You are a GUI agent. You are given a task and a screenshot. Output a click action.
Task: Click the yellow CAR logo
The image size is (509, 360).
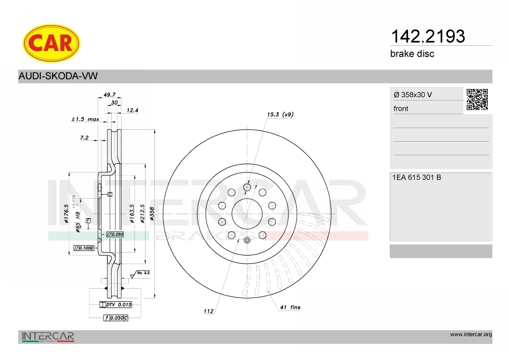click(51, 43)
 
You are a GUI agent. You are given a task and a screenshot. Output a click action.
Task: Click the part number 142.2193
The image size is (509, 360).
click(427, 37)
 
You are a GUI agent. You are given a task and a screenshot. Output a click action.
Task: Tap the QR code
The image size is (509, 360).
click(477, 100)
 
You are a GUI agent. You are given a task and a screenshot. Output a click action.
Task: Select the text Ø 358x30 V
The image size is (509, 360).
click(413, 95)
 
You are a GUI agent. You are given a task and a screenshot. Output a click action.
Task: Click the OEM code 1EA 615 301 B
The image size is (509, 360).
click(417, 177)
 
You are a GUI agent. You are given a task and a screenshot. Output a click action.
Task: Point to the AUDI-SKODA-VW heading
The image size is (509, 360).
click(58, 76)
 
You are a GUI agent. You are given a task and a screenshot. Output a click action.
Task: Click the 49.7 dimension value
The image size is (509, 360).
click(110, 95)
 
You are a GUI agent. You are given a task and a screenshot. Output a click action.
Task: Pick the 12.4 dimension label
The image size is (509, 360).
click(133, 110)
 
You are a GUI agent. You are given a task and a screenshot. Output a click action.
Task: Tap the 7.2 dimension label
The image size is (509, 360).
click(84, 137)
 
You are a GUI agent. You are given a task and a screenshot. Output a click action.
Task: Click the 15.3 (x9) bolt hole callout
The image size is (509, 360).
click(280, 114)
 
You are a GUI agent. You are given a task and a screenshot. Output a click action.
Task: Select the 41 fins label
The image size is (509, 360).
click(290, 307)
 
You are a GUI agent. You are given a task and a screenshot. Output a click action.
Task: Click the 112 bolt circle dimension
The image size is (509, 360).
click(208, 311)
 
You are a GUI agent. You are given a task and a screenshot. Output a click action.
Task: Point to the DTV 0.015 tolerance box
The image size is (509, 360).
click(115, 304)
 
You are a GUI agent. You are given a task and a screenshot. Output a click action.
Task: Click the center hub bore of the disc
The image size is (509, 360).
click(247, 213)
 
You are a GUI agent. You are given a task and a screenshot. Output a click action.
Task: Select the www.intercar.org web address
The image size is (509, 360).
click(470, 335)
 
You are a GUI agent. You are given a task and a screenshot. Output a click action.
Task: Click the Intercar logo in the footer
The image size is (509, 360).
click(48, 337)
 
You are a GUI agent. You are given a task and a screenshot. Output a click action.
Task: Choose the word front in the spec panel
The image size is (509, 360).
click(400, 109)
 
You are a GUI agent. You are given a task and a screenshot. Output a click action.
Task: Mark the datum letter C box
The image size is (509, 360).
click(109, 194)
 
